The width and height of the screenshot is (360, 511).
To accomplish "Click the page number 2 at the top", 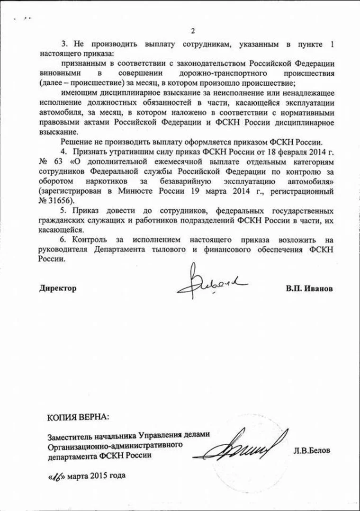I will pos(193,32).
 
